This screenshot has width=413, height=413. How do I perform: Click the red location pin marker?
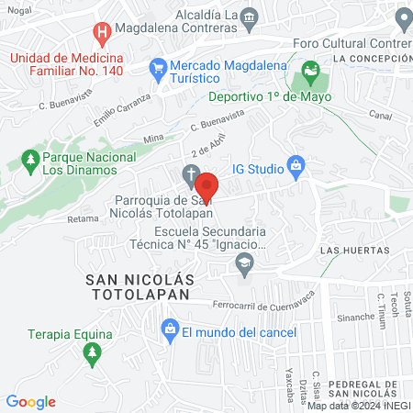206,186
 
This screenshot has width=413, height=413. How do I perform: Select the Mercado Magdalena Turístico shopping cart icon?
158,67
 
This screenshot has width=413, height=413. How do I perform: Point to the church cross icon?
190,174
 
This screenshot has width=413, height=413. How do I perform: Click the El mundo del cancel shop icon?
169,329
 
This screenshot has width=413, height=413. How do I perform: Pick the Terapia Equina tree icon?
90,352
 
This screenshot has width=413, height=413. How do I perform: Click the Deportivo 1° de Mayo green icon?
310,70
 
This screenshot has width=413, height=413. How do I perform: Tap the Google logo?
30,401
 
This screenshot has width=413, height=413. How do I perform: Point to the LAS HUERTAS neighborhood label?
354,250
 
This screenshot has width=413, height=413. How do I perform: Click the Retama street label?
83,219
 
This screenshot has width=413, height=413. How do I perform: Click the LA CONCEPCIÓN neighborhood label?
373,58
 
